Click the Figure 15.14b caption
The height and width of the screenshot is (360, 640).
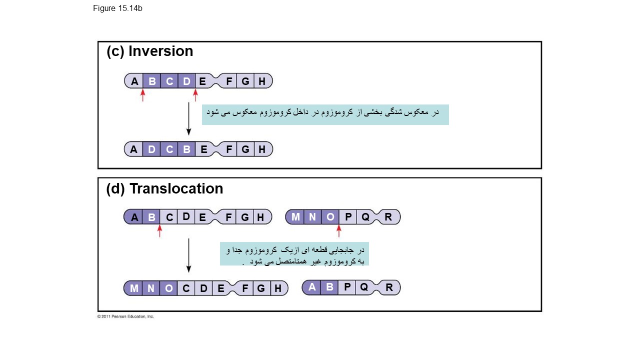tap(117, 8)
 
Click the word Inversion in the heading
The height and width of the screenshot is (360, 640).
tap(160, 51)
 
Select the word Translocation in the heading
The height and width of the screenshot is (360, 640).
tap(176, 189)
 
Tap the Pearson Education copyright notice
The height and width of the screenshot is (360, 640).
tap(125, 316)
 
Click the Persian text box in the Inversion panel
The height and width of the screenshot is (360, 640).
tap(325, 114)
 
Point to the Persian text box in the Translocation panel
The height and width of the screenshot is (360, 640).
tap(294, 254)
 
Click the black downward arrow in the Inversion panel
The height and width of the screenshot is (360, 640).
tap(188, 118)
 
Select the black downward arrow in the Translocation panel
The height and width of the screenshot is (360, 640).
tap(188, 255)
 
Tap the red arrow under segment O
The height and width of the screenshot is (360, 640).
tap(339, 230)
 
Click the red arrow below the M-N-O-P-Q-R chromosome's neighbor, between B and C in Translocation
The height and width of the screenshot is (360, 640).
tap(159, 230)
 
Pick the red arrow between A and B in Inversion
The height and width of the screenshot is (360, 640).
tap(142, 95)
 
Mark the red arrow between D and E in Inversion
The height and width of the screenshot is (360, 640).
tap(195, 95)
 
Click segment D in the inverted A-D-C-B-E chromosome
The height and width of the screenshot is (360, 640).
tap(151, 149)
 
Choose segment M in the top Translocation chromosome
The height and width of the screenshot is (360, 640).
tap(295, 217)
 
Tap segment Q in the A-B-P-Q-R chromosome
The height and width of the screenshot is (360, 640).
tap(364, 287)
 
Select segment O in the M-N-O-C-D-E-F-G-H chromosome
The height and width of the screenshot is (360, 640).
tap(168, 288)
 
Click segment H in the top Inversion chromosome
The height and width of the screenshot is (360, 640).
tap(262, 81)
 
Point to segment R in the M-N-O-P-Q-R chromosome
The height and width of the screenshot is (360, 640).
tap(388, 217)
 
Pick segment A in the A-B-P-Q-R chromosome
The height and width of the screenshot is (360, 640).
tap(312, 287)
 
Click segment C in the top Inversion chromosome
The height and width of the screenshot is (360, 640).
tap(169, 81)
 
